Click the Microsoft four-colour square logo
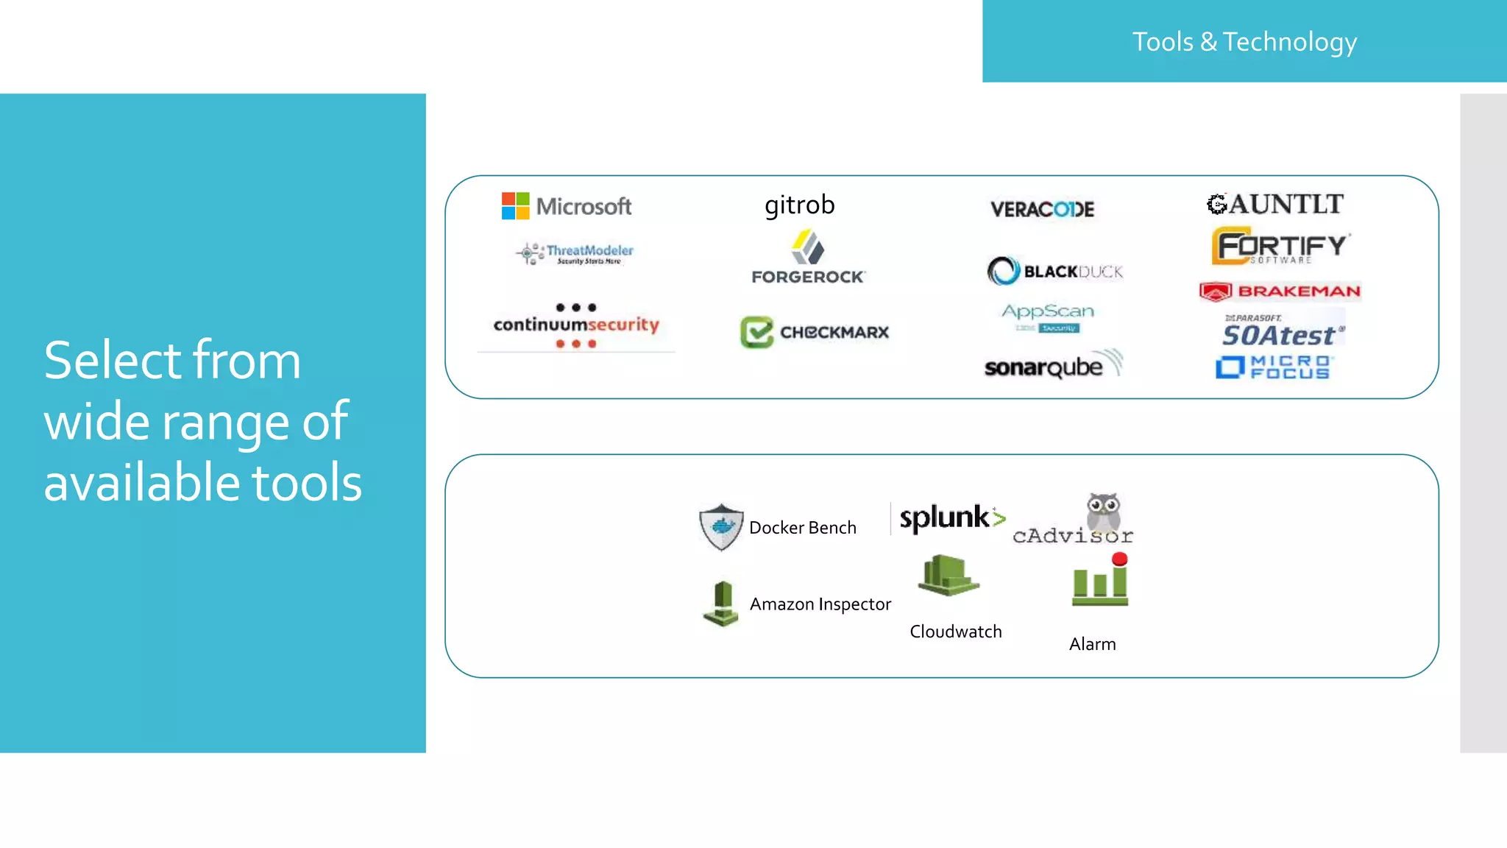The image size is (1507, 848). point(515,206)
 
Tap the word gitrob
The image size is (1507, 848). point(799,205)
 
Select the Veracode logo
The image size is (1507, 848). point(1042,209)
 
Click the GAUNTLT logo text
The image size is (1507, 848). point(1276,204)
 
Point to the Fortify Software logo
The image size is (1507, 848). point(1280,246)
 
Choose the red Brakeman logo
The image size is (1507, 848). point(1280,291)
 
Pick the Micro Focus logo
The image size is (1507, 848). point(1273,367)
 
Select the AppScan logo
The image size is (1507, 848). point(1048,317)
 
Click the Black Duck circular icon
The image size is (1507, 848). point(1003,271)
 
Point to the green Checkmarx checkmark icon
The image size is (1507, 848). point(756,332)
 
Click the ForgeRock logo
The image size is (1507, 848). point(808,258)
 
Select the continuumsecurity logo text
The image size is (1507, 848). point(576,325)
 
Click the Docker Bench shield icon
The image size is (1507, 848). point(721,526)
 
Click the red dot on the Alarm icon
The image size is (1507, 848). point(1119,559)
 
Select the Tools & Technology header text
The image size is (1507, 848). point(1244,42)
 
